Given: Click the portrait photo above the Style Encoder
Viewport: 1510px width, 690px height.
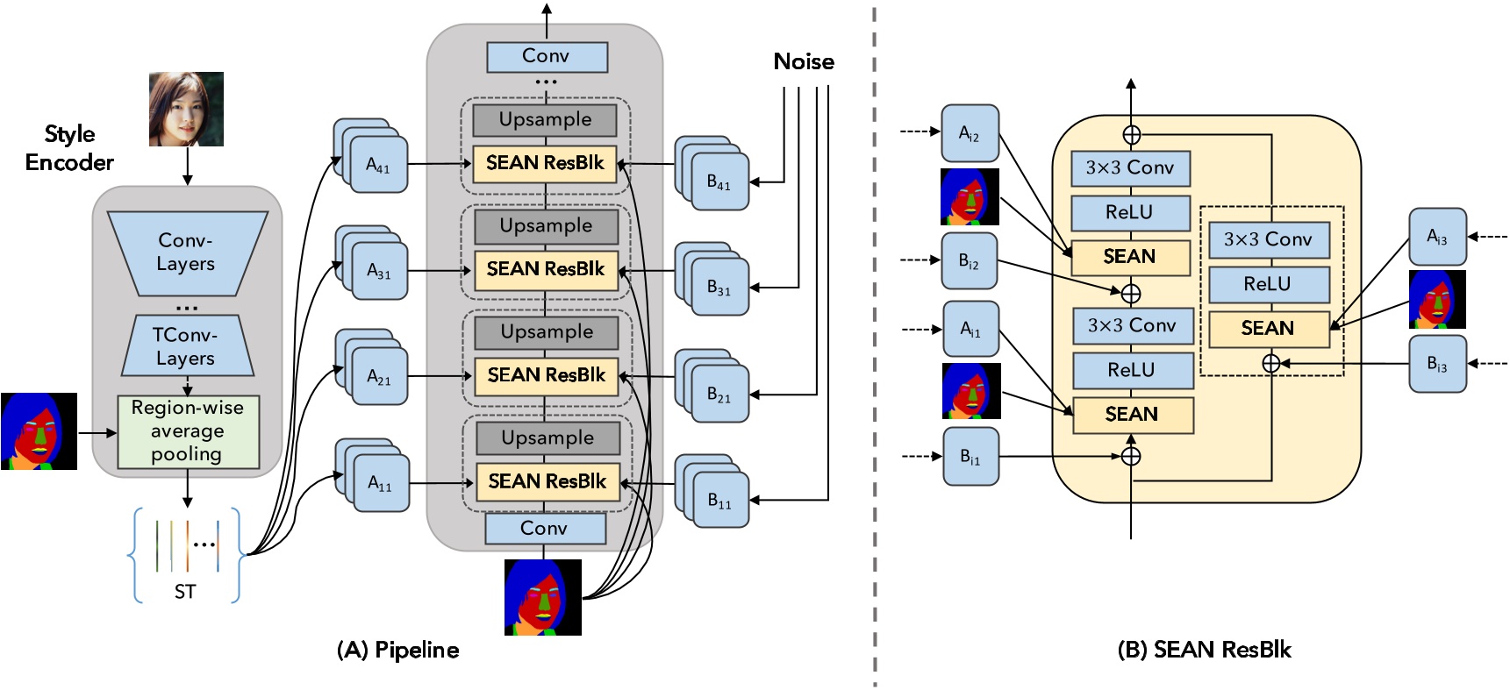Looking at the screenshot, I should click(186, 109).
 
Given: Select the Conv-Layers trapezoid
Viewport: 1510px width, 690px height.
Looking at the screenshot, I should click(186, 253).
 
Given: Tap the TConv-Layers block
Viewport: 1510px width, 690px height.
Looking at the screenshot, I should click(186, 346).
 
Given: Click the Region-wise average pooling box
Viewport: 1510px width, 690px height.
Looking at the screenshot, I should click(188, 431).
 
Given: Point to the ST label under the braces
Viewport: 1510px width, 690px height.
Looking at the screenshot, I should click(184, 592).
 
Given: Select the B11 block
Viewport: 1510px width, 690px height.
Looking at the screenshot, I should click(719, 501).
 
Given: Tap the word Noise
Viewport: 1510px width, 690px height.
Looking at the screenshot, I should click(803, 62).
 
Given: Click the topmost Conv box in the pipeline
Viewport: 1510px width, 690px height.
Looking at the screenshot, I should click(547, 57).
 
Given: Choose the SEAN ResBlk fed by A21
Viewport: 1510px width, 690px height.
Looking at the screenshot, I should click(546, 375).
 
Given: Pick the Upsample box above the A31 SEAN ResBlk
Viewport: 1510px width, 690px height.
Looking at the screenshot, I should click(546, 226).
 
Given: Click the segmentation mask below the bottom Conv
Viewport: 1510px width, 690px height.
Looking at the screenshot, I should click(542, 597).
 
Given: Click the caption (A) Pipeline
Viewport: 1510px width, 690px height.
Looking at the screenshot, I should click(397, 650).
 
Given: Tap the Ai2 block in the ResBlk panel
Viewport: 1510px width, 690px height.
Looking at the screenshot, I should click(970, 134).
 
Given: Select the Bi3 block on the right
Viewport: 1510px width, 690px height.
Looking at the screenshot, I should click(1436, 364).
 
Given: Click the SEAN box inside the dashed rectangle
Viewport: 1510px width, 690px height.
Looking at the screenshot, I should click(1268, 329).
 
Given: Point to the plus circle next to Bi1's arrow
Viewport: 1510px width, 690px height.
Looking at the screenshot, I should click(1131, 456).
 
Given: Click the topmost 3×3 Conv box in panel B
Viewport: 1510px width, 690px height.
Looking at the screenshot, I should click(1130, 168).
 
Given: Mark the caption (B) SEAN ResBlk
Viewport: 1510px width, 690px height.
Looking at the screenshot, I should click(1204, 650).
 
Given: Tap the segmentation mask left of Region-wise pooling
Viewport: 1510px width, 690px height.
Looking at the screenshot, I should click(39, 431).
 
